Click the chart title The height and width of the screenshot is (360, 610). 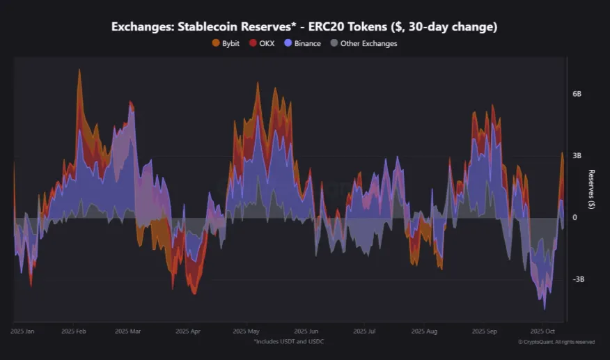304,26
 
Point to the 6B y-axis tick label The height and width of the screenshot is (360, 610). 577,93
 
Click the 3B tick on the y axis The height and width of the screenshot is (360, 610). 577,155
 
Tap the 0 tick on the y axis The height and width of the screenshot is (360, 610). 574,217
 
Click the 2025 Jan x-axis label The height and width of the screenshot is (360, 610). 22,332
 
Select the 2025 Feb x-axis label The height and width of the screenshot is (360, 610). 73,332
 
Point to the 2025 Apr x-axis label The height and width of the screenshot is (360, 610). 188,332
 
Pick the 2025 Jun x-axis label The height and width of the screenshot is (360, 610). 306,332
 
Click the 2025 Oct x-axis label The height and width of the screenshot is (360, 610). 541,332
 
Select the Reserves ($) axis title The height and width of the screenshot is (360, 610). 591,189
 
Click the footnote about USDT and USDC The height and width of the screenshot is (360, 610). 289,341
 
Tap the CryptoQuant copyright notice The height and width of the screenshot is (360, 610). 556,342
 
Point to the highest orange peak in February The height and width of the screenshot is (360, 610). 79,70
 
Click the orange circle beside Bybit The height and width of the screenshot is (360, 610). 216,43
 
